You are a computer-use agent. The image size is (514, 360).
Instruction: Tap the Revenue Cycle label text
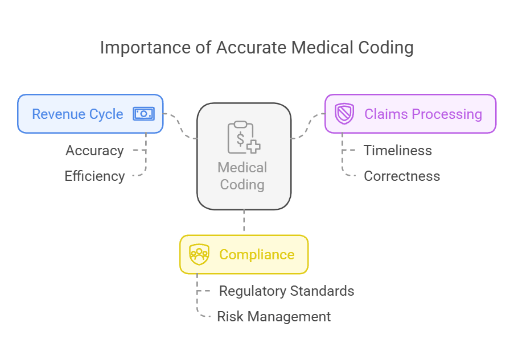pyautogui.click(x=77, y=114)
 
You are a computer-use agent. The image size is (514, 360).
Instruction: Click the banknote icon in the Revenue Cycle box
pyautogui.click(x=143, y=114)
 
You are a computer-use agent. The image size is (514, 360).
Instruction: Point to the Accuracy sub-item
pyautogui.click(x=94, y=151)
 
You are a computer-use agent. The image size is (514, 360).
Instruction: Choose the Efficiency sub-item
pyautogui.click(x=94, y=176)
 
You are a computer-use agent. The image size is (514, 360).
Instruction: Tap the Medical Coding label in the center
pyautogui.click(x=242, y=176)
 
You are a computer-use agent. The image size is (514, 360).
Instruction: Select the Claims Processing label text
pyautogui.click(x=423, y=114)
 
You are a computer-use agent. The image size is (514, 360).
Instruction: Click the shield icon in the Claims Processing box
pyautogui.click(x=344, y=114)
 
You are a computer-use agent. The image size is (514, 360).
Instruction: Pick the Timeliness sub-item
pyautogui.click(x=398, y=151)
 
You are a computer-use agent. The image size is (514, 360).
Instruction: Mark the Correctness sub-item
pyautogui.click(x=402, y=176)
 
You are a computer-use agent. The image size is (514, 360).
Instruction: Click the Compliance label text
pyautogui.click(x=257, y=254)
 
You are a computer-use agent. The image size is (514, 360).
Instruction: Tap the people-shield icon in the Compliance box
pyautogui.click(x=199, y=254)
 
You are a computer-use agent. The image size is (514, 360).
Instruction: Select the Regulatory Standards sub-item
pyautogui.click(x=287, y=291)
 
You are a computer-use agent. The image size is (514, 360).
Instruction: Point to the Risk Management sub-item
pyautogui.click(x=274, y=317)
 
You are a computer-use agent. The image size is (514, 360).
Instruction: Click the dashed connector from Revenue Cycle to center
pyautogui.click(x=180, y=126)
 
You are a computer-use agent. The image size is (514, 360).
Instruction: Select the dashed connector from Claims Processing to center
pyautogui.click(x=308, y=126)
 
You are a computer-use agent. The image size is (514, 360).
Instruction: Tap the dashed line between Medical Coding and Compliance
pyautogui.click(x=244, y=222)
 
